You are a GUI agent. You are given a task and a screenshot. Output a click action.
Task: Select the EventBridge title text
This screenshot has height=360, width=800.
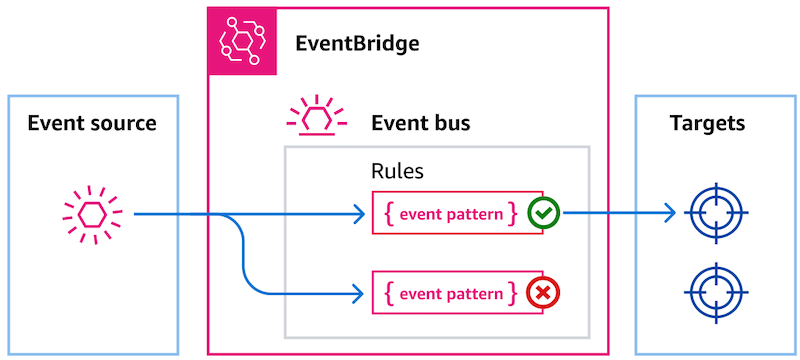coord(357,44)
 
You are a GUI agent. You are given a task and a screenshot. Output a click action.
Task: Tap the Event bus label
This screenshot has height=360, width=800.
coord(420,124)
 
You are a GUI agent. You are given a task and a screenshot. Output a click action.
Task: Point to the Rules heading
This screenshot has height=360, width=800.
coord(396,171)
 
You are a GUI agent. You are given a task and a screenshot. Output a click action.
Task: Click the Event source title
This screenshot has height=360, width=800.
coord(92,124)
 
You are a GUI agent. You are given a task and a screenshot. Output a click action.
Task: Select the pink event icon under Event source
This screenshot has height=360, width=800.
coord(92,213)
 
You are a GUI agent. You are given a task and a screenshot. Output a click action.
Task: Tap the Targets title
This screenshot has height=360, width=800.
coord(707,124)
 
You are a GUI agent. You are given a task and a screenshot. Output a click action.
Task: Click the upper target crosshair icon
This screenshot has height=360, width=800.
coord(716,213)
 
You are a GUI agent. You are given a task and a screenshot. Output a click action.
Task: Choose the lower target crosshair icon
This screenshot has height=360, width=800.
coord(716,292)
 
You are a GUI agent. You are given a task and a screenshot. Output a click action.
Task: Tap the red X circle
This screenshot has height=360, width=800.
coord(543,293)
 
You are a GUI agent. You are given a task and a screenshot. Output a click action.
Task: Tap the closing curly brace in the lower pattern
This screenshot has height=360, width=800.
coord(513,293)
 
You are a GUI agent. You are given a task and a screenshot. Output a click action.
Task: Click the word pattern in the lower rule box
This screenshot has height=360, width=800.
coord(474,294)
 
